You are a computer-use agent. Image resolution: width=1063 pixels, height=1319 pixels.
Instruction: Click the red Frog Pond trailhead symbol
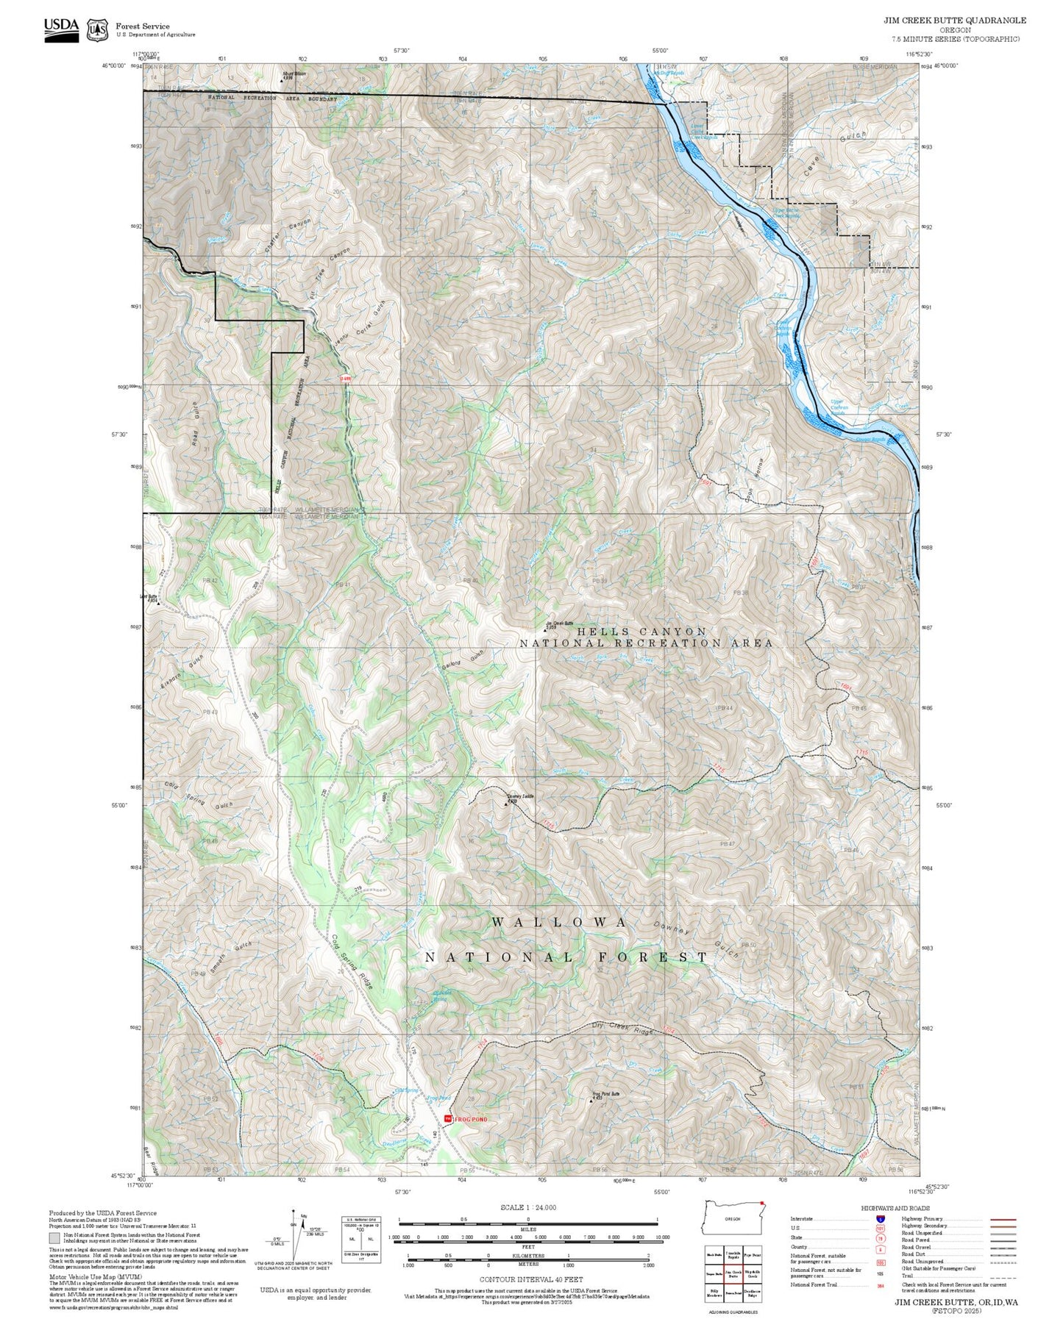447,1118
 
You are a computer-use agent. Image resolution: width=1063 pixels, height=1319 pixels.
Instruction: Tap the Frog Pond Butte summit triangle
593,1101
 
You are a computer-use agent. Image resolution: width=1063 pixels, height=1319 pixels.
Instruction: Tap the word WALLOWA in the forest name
559,922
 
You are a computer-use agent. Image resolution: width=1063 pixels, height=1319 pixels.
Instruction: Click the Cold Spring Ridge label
352,960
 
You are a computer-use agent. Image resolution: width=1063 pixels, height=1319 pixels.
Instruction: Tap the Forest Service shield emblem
97,30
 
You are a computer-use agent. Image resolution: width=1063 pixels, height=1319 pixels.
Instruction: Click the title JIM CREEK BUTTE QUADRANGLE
954,20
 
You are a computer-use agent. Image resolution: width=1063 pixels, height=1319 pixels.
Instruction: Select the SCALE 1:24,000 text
527,1207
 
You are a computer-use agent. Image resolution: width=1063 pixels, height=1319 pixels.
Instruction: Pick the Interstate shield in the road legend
880,1219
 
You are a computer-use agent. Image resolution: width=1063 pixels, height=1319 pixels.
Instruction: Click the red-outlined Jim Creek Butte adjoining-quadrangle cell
733,1274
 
